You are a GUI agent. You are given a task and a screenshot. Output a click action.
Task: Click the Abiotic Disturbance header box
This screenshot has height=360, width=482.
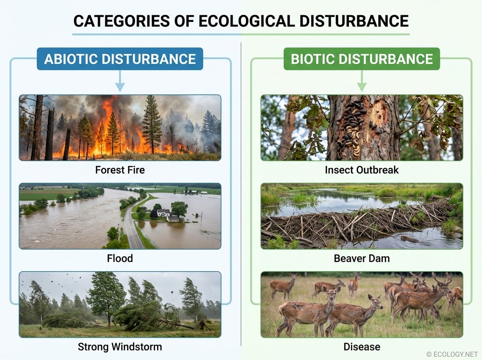coord(120,59)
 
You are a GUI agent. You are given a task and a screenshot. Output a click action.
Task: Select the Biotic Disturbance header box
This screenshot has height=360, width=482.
coord(361,59)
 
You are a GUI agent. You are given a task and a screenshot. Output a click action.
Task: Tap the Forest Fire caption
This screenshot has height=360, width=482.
coord(120,170)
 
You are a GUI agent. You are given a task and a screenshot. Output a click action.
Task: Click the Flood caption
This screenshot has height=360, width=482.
coord(120,258)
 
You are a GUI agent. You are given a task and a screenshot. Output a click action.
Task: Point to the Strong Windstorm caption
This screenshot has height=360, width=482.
coord(120,347)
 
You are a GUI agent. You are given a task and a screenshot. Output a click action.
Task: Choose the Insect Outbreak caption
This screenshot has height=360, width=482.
coord(361,170)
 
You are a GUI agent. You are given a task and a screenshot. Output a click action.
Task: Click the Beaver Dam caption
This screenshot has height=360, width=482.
coord(361,258)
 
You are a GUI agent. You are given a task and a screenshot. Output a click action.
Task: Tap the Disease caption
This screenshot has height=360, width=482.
coord(361,347)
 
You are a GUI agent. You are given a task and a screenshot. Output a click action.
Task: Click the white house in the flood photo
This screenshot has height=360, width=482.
coord(163,213)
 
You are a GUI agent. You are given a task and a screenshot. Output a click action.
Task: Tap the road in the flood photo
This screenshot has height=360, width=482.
coord(133,232)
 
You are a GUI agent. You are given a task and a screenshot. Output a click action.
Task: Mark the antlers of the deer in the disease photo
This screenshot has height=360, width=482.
coord(441,280)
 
